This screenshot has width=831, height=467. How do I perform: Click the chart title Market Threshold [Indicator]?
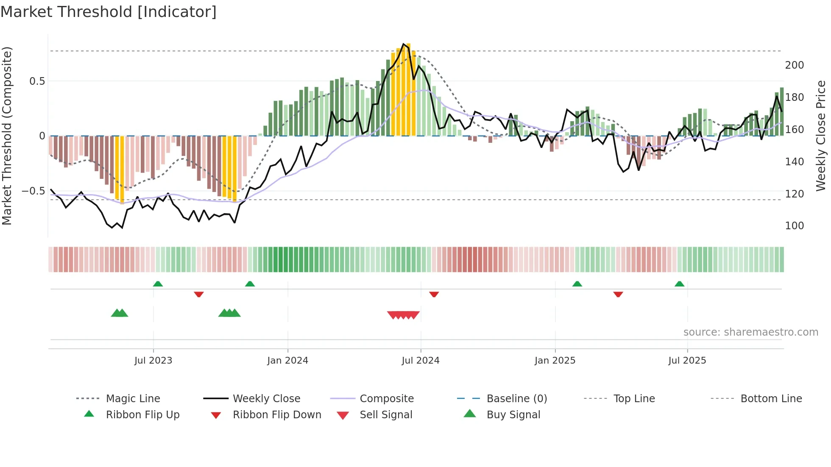click(x=109, y=12)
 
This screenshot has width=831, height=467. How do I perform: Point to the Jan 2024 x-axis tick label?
click(x=287, y=361)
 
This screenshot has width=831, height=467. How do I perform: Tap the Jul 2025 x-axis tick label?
click(x=687, y=361)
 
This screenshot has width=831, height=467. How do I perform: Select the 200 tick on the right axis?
click(x=794, y=65)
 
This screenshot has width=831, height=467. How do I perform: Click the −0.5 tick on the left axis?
click(x=33, y=191)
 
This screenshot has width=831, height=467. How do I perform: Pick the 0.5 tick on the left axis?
click(x=37, y=81)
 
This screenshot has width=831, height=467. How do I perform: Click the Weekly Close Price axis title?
click(x=821, y=136)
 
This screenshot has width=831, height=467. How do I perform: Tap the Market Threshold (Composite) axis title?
click(x=7, y=136)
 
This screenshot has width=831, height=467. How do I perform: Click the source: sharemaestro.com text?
click(x=750, y=332)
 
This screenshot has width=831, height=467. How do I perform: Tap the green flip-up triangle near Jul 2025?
click(x=679, y=284)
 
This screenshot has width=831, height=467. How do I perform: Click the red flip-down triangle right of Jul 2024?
click(x=434, y=294)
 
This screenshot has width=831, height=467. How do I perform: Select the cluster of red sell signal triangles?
click(x=403, y=315)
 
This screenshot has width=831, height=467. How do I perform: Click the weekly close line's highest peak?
click(x=404, y=44)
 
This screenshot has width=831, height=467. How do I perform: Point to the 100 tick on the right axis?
click(x=794, y=226)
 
